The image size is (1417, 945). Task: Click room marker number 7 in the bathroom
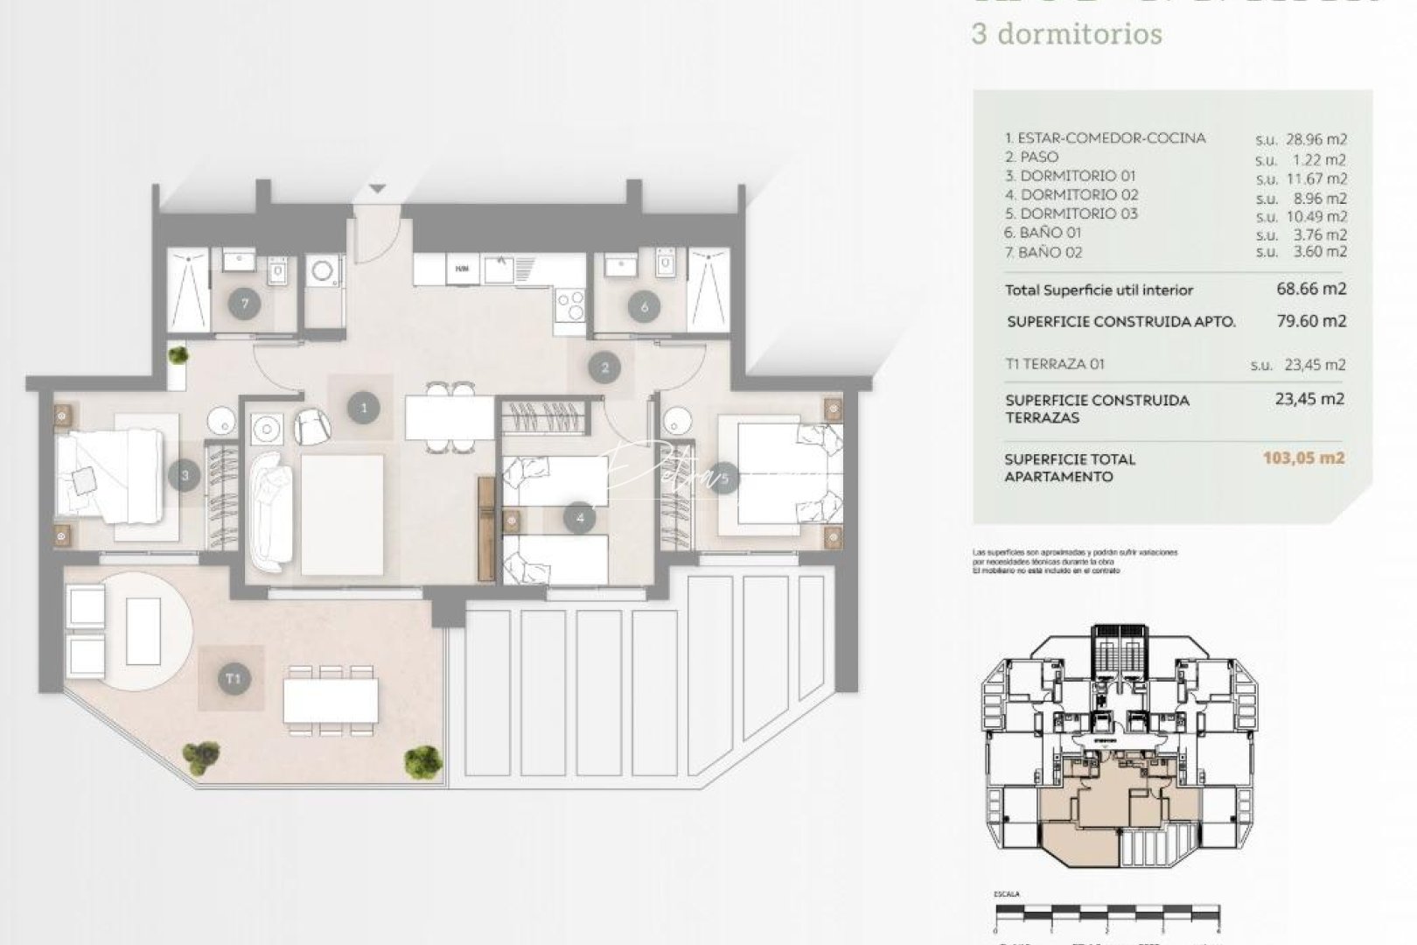pyautogui.click(x=245, y=304)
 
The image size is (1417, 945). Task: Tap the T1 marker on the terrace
pyautogui.click(x=232, y=678)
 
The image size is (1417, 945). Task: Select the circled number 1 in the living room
pyautogui.click(x=363, y=407)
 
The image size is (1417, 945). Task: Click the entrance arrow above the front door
pyautogui.click(x=377, y=188)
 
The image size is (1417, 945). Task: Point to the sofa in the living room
pyautogui.click(x=271, y=512)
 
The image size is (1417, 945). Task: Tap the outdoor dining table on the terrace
pyautogui.click(x=331, y=701)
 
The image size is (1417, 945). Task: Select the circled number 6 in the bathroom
pyautogui.click(x=645, y=306)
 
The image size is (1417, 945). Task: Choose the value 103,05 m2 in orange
pyautogui.click(x=1303, y=458)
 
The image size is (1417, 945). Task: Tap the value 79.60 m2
pyautogui.click(x=1311, y=321)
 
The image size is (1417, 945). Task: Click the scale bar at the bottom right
pyautogui.click(x=1106, y=912)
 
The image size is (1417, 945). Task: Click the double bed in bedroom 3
pyautogui.click(x=109, y=477)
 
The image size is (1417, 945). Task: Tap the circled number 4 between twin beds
pyautogui.click(x=580, y=518)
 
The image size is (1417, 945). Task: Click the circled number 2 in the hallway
pyautogui.click(x=604, y=367)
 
